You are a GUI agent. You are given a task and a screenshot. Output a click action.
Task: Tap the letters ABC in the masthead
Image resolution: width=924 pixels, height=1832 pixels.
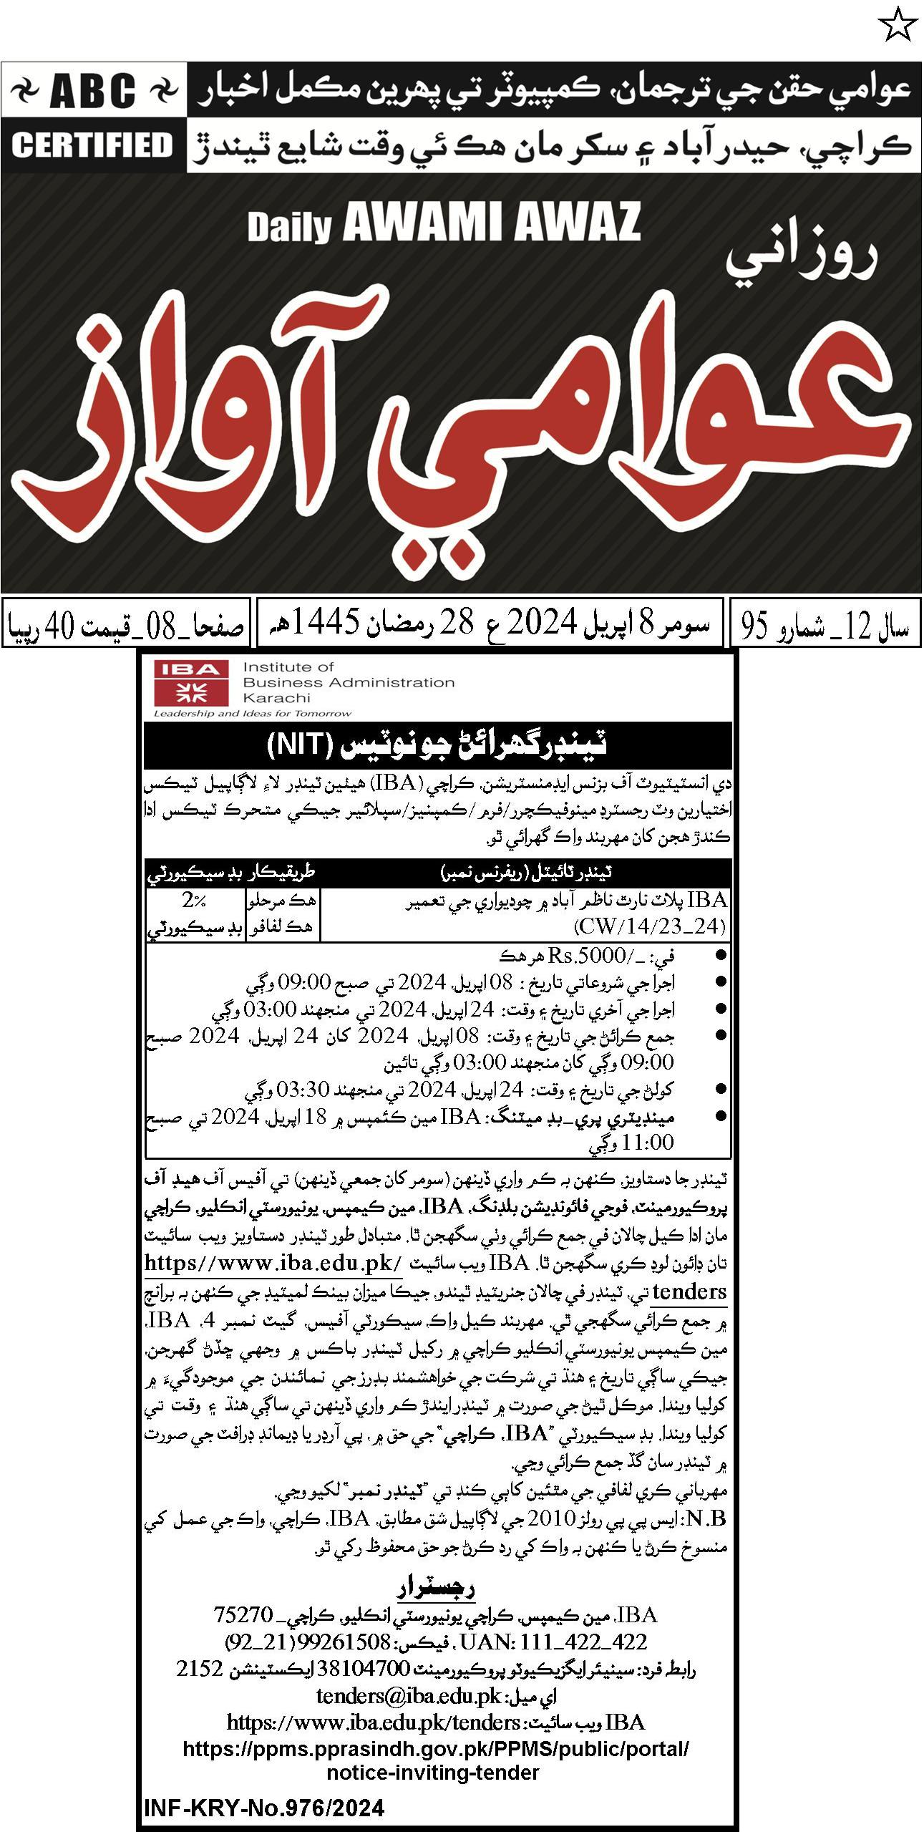pyautogui.click(x=94, y=91)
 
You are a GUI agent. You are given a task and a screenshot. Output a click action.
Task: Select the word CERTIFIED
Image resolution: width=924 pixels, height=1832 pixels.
pyautogui.click(x=93, y=145)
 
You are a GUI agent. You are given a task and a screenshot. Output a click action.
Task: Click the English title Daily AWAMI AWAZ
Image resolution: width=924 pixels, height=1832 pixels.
pyautogui.click(x=444, y=223)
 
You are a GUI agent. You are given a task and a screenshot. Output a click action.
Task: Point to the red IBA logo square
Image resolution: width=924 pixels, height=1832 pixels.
pyautogui.click(x=190, y=682)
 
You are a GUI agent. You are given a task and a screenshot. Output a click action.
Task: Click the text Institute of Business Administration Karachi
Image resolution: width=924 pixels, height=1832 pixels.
pyautogui.click(x=349, y=682)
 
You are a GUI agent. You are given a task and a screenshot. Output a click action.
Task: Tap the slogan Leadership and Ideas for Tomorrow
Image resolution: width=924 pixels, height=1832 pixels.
pyautogui.click(x=253, y=714)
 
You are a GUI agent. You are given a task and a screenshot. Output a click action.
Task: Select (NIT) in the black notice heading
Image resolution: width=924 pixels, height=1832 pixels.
pyautogui.click(x=300, y=745)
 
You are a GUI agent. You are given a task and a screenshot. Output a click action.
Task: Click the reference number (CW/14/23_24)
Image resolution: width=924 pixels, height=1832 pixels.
pyautogui.click(x=650, y=926)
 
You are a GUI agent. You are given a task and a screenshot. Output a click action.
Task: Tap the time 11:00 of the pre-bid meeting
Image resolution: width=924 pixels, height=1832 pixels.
pyautogui.click(x=648, y=1143)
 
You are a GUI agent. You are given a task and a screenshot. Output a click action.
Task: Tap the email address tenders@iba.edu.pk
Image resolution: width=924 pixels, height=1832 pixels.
pyautogui.click(x=409, y=1696)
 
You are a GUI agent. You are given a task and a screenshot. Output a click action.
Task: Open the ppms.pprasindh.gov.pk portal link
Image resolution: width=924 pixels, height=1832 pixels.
pyautogui.click(x=436, y=1749)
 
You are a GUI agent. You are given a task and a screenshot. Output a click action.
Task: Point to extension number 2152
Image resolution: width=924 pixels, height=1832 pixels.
pyautogui.click(x=200, y=1669)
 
